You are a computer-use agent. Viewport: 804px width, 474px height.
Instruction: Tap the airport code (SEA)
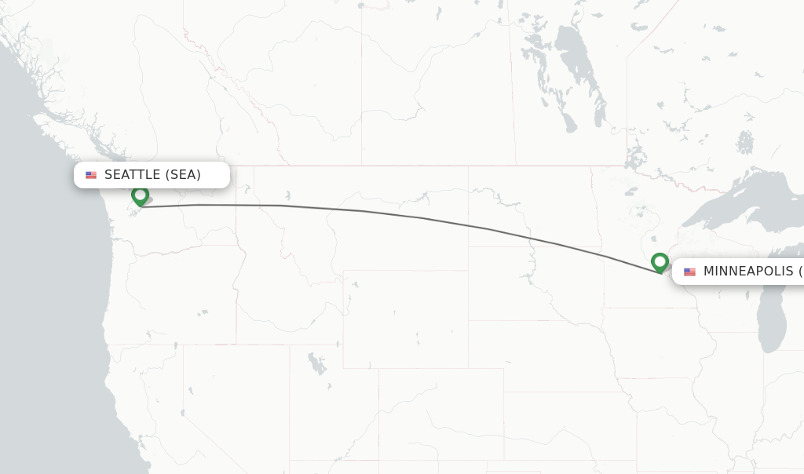click(x=182, y=175)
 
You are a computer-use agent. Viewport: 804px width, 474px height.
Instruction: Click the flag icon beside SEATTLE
click(x=91, y=175)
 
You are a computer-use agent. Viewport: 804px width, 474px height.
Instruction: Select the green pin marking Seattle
click(x=141, y=195)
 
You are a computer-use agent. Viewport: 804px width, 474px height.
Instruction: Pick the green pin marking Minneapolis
click(x=660, y=261)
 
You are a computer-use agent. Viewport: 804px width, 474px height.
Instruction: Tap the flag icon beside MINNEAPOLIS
click(x=689, y=272)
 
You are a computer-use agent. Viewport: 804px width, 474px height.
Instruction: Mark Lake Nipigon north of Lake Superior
click(x=745, y=142)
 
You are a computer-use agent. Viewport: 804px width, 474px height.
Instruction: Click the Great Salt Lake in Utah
click(x=316, y=363)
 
